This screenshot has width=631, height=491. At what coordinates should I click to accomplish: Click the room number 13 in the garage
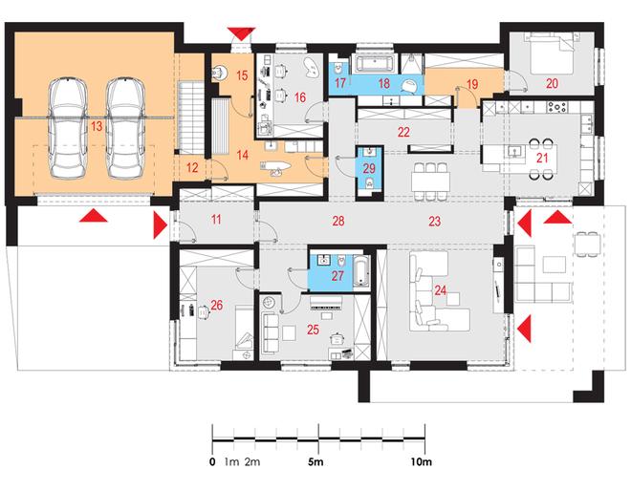point(97,126)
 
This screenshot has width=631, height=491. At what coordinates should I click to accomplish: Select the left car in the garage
point(68,128)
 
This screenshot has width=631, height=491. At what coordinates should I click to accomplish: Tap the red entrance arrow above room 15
point(241,33)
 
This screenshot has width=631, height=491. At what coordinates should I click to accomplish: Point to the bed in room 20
point(552,53)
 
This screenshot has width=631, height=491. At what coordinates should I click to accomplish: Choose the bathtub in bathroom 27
point(361,271)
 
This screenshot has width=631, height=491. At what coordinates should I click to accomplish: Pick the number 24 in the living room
point(441,290)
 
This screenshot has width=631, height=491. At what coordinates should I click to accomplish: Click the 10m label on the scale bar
point(421,462)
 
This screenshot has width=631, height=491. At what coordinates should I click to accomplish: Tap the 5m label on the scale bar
point(315,462)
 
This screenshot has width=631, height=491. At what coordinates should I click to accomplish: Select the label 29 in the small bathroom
point(369,168)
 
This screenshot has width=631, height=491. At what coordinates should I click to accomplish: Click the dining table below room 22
point(430,181)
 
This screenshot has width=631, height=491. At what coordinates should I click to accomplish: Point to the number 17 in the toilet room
point(340,83)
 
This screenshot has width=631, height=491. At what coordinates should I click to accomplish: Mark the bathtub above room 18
point(375,64)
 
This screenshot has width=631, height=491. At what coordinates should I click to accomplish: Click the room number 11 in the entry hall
point(216,220)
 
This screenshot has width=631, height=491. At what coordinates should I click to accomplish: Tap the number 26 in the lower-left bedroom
point(216,306)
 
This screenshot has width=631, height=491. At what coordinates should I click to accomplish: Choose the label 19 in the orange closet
point(472,84)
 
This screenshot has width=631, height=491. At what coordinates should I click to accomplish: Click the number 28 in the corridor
point(338,221)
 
